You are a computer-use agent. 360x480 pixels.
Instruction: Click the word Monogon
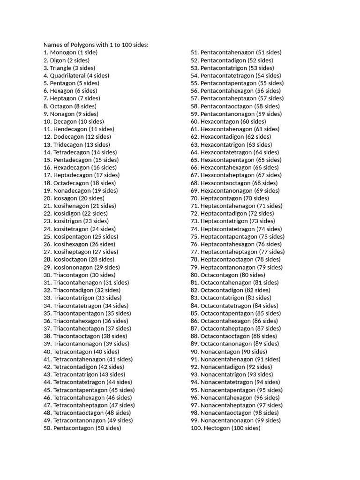pyautogui.click(x=63, y=52)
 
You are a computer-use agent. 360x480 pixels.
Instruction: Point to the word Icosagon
pyautogui.click(x=66, y=198)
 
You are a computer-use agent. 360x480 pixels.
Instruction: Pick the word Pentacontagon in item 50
pyautogui.click(x=74, y=428)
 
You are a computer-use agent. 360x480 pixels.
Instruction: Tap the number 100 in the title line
pyautogui.click(x=127, y=45)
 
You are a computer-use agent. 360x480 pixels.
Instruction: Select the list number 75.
pyautogui.click(x=195, y=236)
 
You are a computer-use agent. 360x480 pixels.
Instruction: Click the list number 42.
pyautogui.click(x=47, y=367)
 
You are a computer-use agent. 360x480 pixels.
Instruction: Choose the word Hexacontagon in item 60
pyautogui.click(x=219, y=121)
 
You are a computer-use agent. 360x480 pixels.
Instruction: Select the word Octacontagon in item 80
pyautogui.click(x=219, y=275)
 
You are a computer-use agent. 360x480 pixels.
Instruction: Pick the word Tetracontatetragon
pyautogui.click(x=79, y=382)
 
